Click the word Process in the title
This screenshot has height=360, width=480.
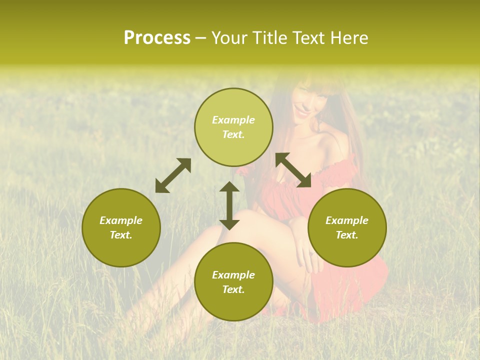click(157, 38)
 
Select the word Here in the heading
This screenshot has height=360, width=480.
click(348, 38)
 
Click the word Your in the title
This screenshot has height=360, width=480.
click(229, 38)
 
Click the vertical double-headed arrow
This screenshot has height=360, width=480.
click(229, 205)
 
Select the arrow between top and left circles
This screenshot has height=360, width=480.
click(173, 175)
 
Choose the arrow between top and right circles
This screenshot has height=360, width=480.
click(293, 170)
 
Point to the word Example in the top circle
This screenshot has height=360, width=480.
click(233, 120)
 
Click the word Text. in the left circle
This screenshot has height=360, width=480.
click(121, 235)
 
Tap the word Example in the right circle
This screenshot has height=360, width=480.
click(347, 220)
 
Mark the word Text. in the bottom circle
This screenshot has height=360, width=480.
click(233, 289)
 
